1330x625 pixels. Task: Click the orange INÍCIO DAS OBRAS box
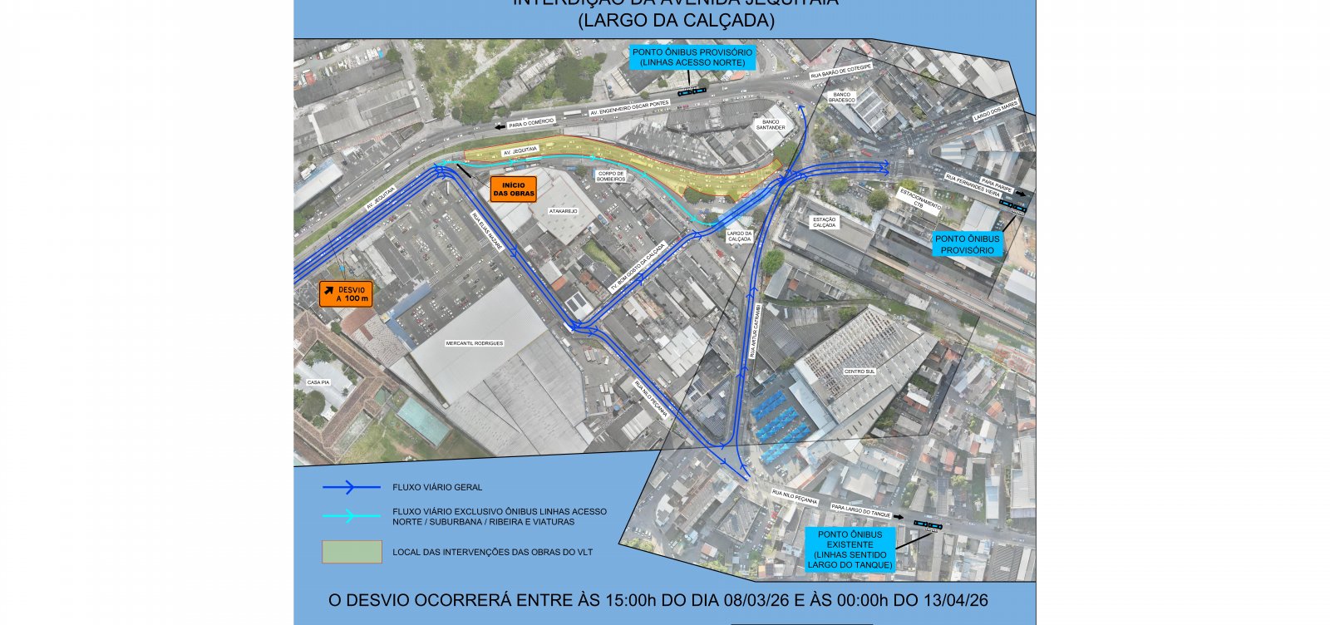(513, 189)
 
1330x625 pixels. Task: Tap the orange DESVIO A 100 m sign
(346, 294)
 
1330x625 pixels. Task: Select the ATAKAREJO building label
(563, 211)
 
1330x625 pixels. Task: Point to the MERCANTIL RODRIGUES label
(475, 343)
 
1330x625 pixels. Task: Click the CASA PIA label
(318, 382)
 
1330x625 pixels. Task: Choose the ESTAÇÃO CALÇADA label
(825, 223)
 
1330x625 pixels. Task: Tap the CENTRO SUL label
(860, 372)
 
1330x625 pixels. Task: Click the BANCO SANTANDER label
(771, 125)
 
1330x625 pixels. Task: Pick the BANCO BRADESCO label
(841, 97)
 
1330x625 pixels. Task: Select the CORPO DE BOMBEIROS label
(610, 176)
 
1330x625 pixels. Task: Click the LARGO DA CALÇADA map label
(739, 236)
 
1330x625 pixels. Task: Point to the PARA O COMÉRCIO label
(530, 123)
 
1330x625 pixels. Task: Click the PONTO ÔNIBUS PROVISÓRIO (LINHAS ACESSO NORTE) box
(692, 57)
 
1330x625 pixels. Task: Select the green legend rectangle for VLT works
(352, 552)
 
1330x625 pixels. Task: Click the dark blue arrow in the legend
(351, 487)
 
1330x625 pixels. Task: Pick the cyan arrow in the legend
(351, 516)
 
